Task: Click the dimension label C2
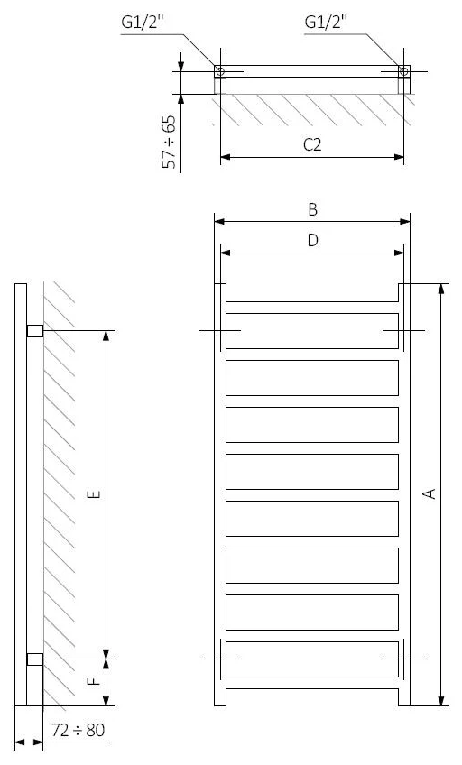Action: [x=312, y=145]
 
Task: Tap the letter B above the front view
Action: [x=313, y=209]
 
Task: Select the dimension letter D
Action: [x=313, y=240]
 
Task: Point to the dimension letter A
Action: [x=430, y=493]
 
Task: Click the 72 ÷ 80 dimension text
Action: [x=79, y=730]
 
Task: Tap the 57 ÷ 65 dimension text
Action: [x=169, y=142]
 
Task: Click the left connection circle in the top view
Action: [x=220, y=72]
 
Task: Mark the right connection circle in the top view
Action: [x=404, y=72]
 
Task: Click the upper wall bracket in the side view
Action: [x=35, y=331]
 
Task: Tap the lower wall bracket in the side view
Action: [x=35, y=659]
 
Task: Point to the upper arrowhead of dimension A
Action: [x=441, y=289]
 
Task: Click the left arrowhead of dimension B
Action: [x=219, y=222]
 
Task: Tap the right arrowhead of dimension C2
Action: [x=399, y=157]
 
